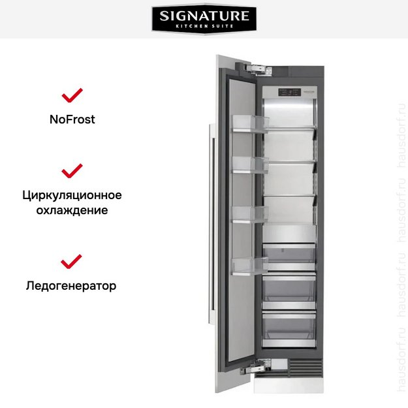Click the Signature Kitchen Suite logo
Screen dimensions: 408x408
tap(204, 20)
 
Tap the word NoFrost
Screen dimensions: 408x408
tap(72, 119)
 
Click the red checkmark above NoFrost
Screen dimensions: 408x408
tap(72, 95)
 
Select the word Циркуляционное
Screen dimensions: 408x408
tap(72, 195)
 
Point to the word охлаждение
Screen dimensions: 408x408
tap(72, 210)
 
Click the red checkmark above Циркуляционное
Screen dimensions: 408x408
tap(72, 171)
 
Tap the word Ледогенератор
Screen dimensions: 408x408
tap(72, 286)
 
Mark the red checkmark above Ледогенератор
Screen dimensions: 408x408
tap(72, 262)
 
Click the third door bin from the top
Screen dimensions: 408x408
tap(251, 213)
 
